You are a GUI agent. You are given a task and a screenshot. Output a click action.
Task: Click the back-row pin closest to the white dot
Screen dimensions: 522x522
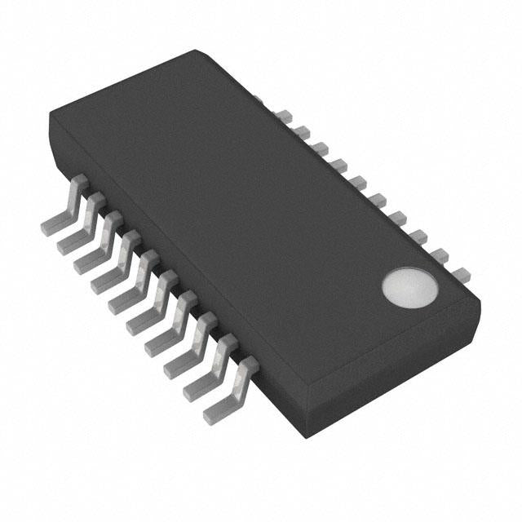[461, 272]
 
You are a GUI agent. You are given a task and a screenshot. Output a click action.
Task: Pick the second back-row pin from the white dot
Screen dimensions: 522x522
[440, 254]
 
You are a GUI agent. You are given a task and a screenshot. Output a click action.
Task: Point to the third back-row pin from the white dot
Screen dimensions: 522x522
[421, 236]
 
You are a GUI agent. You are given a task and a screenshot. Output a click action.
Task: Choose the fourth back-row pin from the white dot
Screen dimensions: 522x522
[400, 217]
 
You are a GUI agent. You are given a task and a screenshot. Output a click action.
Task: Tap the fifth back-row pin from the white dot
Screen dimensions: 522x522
[379, 198]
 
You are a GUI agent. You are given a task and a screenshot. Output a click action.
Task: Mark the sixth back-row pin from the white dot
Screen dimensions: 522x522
[360, 180]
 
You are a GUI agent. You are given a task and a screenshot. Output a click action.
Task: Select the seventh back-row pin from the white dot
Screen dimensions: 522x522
[339, 162]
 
